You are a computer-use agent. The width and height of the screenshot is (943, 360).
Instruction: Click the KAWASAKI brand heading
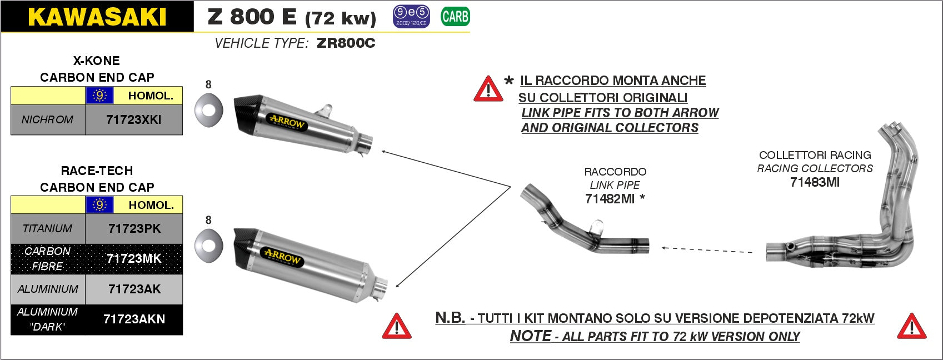click(x=97, y=17)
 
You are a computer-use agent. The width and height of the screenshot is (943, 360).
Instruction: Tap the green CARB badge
click(x=455, y=17)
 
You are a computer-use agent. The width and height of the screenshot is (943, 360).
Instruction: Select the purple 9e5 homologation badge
click(x=411, y=17)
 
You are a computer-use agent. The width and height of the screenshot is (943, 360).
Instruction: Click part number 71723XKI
click(x=133, y=119)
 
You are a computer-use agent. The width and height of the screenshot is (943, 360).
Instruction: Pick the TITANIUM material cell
click(x=48, y=228)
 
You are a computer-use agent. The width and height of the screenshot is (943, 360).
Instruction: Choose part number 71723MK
click(x=134, y=258)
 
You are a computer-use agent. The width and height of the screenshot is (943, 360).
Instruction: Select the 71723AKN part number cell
click(x=134, y=319)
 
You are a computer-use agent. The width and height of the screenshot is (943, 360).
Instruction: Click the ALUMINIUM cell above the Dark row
click(x=48, y=289)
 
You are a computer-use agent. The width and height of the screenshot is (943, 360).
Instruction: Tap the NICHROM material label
click(x=48, y=119)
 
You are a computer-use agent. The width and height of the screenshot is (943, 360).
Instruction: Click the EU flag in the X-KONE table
click(x=99, y=96)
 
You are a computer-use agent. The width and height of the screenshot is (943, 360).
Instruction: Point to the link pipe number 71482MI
click(x=610, y=198)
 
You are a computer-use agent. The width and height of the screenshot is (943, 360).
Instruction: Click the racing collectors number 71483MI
click(x=815, y=182)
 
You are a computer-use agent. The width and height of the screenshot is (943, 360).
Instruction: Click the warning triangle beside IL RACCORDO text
click(x=488, y=89)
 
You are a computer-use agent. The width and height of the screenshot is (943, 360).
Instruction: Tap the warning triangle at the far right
click(x=911, y=327)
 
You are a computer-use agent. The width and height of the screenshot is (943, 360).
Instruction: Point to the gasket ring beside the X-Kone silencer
click(x=208, y=109)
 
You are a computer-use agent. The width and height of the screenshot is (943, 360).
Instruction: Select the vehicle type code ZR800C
click(x=346, y=43)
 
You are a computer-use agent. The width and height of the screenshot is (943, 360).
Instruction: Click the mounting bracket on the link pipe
click(x=596, y=226)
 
